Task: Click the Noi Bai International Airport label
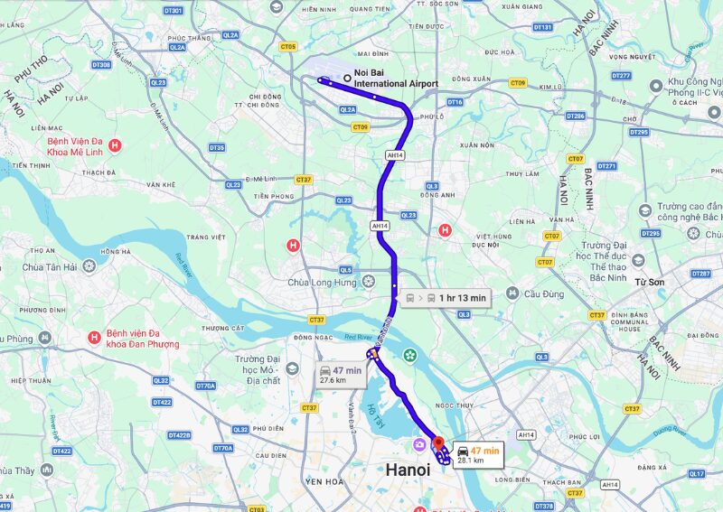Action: (395, 79)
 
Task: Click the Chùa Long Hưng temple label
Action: (324, 283)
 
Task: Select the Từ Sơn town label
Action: (649, 283)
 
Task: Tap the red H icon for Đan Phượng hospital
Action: (93, 338)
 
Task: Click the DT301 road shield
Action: (174, 11)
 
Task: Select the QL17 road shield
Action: (696, 473)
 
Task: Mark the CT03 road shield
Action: (255, 508)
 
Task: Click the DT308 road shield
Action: (101, 65)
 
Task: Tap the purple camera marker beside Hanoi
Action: (419, 444)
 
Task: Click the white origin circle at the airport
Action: (347, 78)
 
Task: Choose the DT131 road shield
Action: (542, 27)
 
